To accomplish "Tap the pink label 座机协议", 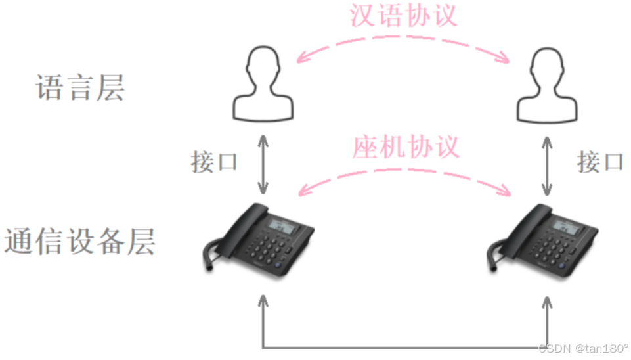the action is (405, 146).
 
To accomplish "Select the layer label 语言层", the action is (79, 87).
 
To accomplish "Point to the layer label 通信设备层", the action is (79, 241).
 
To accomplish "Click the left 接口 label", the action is (214, 161).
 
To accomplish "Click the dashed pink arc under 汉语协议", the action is (403, 41).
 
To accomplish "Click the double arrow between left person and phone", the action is (263, 165).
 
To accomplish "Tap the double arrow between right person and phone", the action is (546, 165).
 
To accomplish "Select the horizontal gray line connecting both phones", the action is (404, 346).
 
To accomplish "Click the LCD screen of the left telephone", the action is (284, 227).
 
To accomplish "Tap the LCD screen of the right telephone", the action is (567, 227).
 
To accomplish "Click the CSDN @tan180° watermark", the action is (582, 348).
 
